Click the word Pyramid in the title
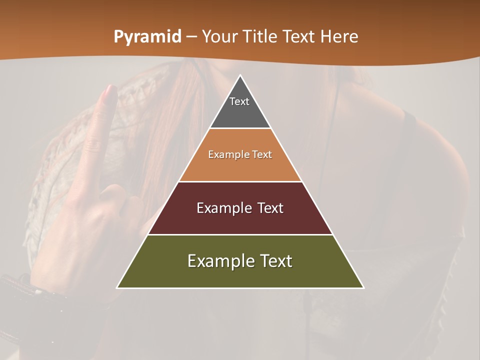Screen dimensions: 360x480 click(147, 37)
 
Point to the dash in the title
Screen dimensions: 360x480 click(191, 37)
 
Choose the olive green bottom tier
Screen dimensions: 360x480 click(240, 274)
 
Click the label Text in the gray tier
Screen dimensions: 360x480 click(239, 101)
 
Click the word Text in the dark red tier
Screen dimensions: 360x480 click(270, 208)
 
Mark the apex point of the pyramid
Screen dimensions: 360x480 click(240, 75)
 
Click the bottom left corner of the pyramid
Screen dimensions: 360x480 click(117, 287)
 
